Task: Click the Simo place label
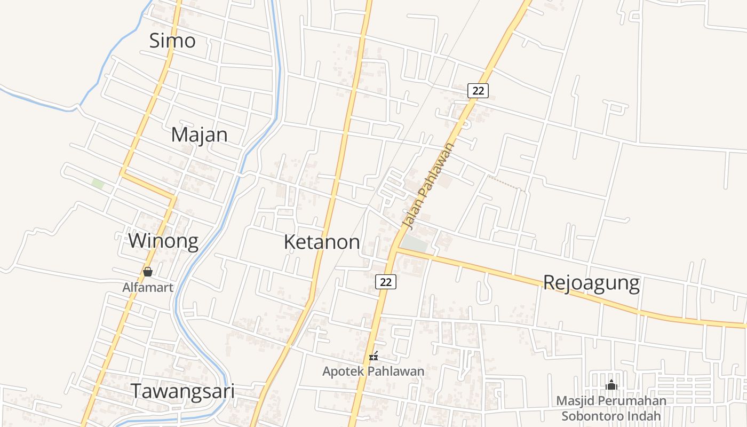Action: point(172,41)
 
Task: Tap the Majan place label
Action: point(199,135)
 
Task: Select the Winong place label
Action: point(163,241)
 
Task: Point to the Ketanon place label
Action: point(322,242)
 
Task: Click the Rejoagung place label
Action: point(591,282)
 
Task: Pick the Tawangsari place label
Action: point(182,391)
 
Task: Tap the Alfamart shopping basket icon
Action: point(148,272)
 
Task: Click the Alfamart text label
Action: point(148,288)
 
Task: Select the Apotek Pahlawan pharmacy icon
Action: point(374,356)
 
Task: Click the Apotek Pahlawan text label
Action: point(373,371)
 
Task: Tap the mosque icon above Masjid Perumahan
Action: point(611,384)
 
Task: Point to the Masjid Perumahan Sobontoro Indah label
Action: point(611,408)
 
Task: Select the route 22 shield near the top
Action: point(478,91)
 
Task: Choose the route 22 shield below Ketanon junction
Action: point(385,282)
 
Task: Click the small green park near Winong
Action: point(98,184)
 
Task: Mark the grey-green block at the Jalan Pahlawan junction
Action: point(415,244)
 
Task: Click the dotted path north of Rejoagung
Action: point(507,183)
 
